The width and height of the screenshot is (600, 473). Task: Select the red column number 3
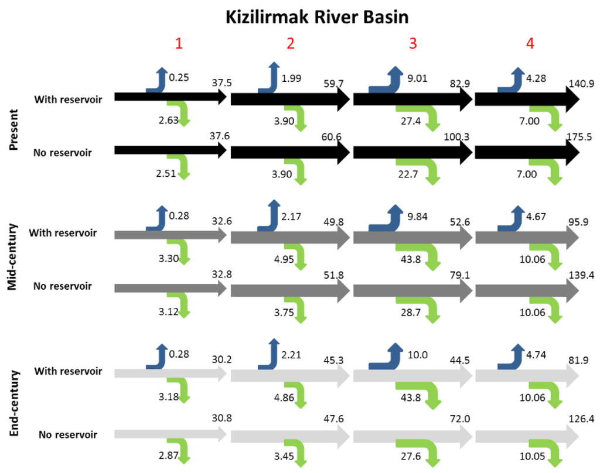tap(413, 44)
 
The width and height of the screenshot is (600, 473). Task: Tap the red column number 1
tap(179, 44)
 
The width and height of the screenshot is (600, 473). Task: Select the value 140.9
tap(582, 84)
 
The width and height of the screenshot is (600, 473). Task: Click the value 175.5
tap(582, 137)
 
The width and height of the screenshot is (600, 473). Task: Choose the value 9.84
tap(417, 216)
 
